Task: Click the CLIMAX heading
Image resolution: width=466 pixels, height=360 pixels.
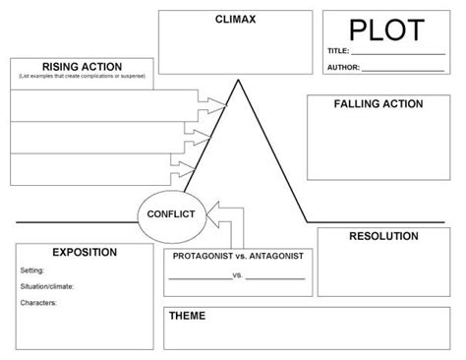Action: pos(235,19)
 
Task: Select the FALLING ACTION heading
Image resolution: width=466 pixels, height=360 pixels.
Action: pos(379,103)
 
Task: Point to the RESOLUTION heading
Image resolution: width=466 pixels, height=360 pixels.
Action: pos(383,236)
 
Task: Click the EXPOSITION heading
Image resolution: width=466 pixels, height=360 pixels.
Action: pos(84,252)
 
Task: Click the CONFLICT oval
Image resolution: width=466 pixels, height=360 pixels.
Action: pos(170,212)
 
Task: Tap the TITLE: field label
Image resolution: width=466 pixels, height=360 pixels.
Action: pos(339,50)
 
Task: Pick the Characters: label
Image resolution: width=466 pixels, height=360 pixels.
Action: pos(38,302)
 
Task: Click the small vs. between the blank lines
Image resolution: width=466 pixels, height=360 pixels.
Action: pos(238,274)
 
